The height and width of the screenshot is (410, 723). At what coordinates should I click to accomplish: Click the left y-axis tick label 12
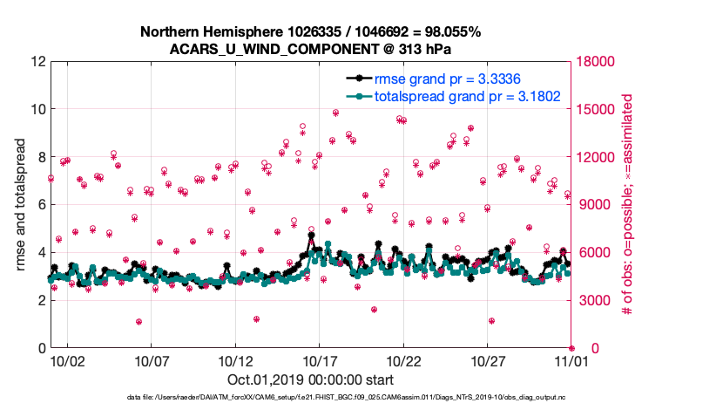click(37, 62)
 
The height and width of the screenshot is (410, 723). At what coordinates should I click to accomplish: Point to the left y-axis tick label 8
click(40, 158)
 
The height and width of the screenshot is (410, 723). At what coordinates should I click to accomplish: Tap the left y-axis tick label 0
click(40, 349)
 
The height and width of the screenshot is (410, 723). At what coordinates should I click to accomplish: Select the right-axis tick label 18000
click(597, 62)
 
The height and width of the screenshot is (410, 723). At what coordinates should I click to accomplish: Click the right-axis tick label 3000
click(592, 301)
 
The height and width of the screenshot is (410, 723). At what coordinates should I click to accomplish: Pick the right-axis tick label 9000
click(592, 205)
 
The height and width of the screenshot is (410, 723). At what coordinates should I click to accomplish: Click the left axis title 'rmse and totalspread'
click(19, 205)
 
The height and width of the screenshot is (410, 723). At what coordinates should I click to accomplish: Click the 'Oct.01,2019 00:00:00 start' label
click(311, 380)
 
